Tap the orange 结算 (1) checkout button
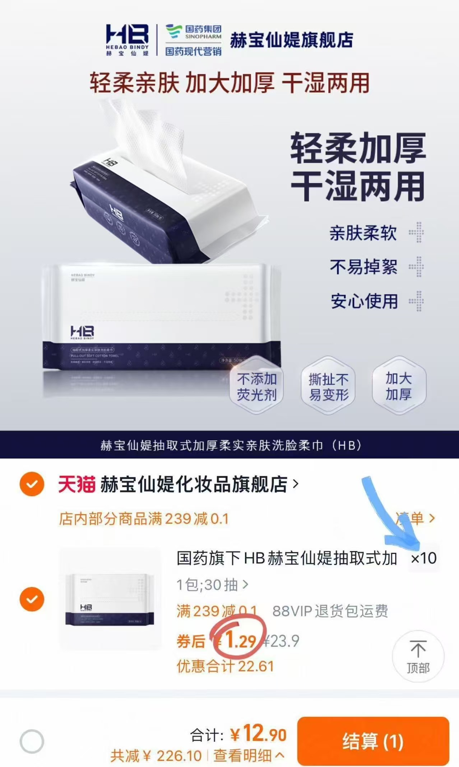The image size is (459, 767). coord(373,741)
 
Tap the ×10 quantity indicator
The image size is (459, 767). coord(424,558)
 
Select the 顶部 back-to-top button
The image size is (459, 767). coord(418,657)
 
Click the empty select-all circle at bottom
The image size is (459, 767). coord(32,741)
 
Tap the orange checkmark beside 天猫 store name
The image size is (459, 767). coord(32,484)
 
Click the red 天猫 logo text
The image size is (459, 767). coord(76,485)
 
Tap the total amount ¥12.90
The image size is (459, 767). coord(259,734)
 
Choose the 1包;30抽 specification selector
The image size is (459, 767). coord(212,585)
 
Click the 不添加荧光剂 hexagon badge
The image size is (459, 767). coord(256,387)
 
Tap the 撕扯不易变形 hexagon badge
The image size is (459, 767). coord(328,387)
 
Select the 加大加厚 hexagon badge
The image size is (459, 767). coord(399,386)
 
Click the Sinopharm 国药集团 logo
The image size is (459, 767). coord(193,39)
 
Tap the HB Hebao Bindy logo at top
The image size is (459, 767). coord(127,39)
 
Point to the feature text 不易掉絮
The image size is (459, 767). coord(363,267)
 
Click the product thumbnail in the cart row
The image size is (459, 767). coord(110,599)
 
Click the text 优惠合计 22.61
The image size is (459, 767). coord(225,666)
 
